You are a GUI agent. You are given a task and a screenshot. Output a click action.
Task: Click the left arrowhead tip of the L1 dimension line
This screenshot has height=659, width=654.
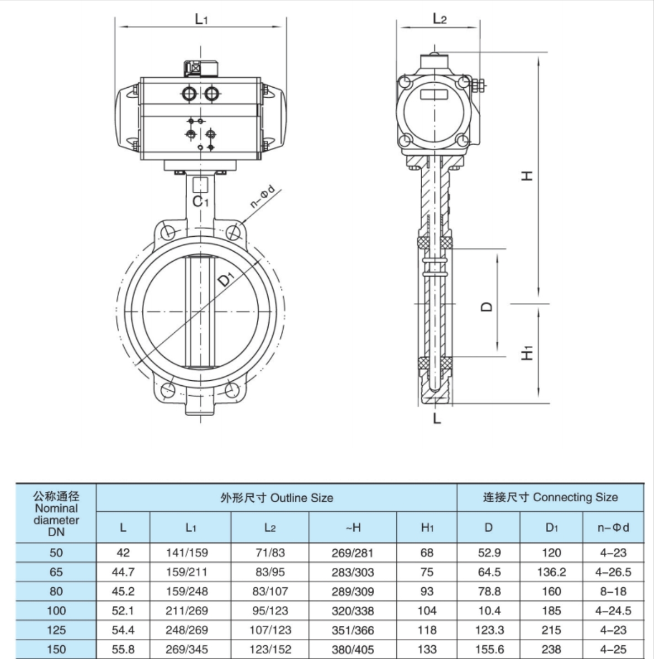point(120,27)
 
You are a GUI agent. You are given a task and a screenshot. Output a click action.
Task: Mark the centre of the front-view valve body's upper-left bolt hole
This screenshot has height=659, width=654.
point(169,232)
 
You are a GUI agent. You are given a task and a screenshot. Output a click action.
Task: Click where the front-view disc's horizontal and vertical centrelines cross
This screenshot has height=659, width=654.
point(200,312)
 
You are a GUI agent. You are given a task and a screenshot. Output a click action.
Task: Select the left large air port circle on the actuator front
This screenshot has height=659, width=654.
point(189,93)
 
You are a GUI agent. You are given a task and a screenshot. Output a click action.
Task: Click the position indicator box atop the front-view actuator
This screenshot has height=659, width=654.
point(201,70)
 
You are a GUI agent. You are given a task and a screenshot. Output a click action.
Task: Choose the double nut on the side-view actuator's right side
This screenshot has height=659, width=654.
point(478,86)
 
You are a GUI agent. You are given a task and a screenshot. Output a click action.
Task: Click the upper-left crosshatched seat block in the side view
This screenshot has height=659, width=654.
point(423,242)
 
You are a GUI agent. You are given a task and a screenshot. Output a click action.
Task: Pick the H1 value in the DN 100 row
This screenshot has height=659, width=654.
point(427,610)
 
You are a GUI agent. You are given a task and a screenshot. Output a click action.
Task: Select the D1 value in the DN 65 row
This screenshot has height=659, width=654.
point(551,572)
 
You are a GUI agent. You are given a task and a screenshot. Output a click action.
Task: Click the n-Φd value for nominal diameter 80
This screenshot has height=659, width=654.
point(613,591)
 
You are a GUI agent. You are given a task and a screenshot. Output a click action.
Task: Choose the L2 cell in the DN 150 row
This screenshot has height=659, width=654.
point(270,649)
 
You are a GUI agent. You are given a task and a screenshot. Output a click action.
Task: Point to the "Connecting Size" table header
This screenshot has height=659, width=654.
point(576,498)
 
